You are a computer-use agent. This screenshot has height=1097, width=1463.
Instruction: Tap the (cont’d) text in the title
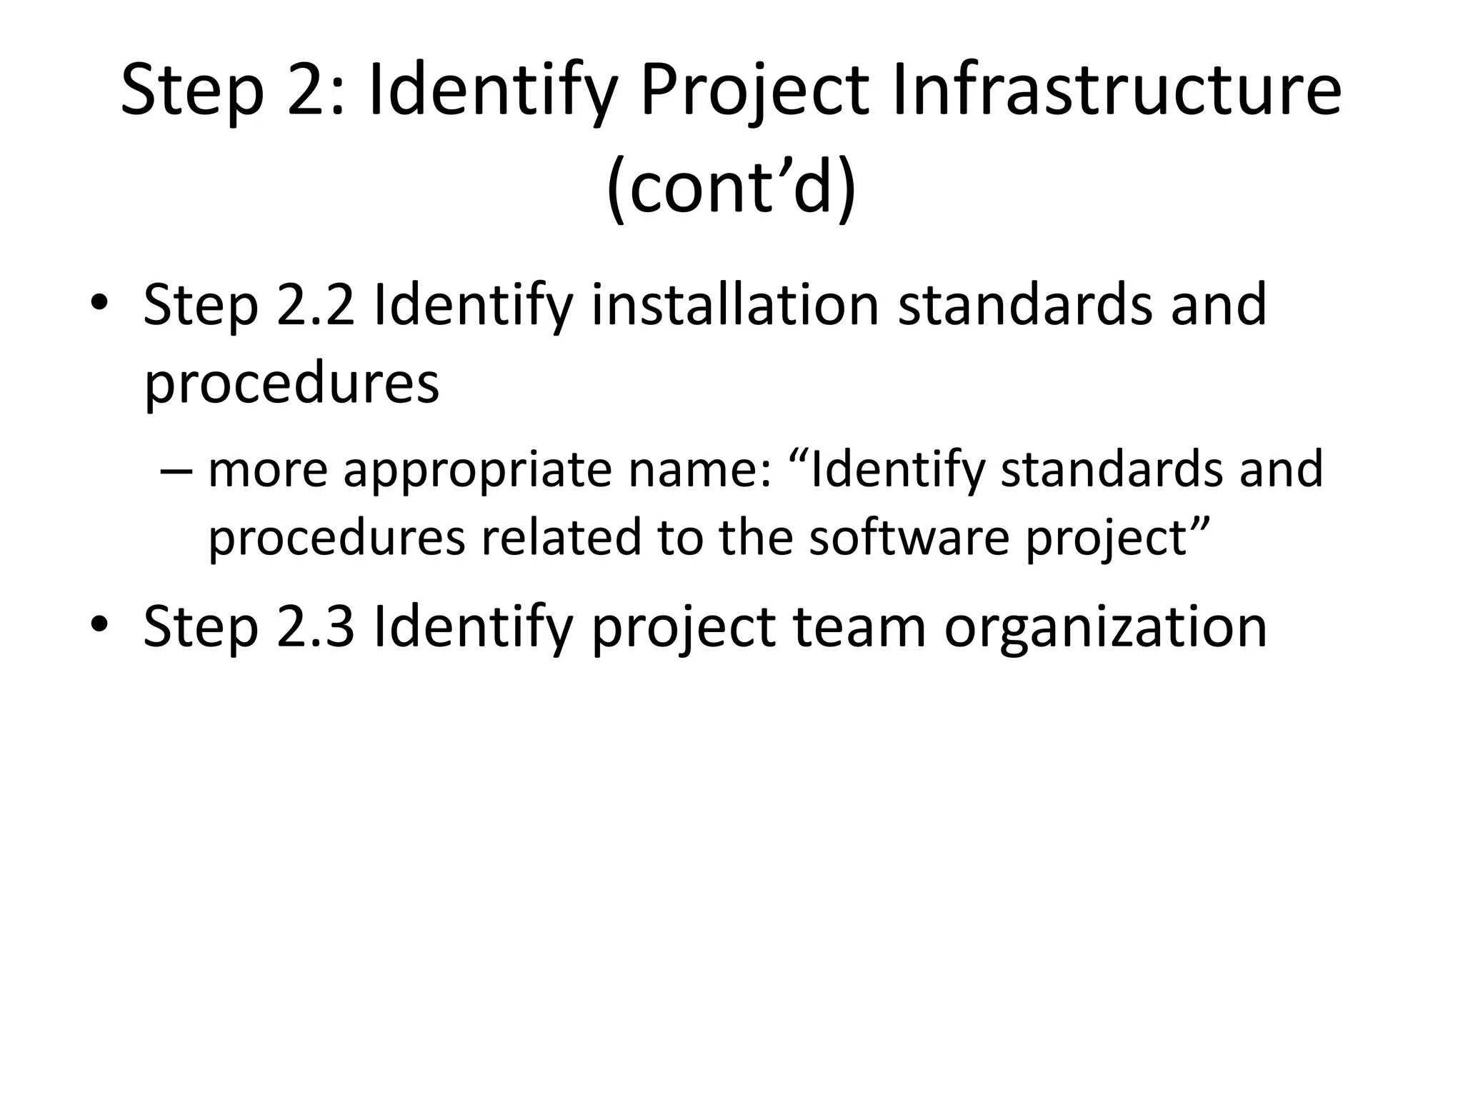pyautogui.click(x=731, y=187)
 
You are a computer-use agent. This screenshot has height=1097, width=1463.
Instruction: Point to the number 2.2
pyautogui.click(x=315, y=305)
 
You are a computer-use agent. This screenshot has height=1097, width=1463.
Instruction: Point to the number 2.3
pyautogui.click(x=315, y=626)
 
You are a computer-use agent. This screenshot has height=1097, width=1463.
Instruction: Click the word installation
pyautogui.click(x=735, y=305)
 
